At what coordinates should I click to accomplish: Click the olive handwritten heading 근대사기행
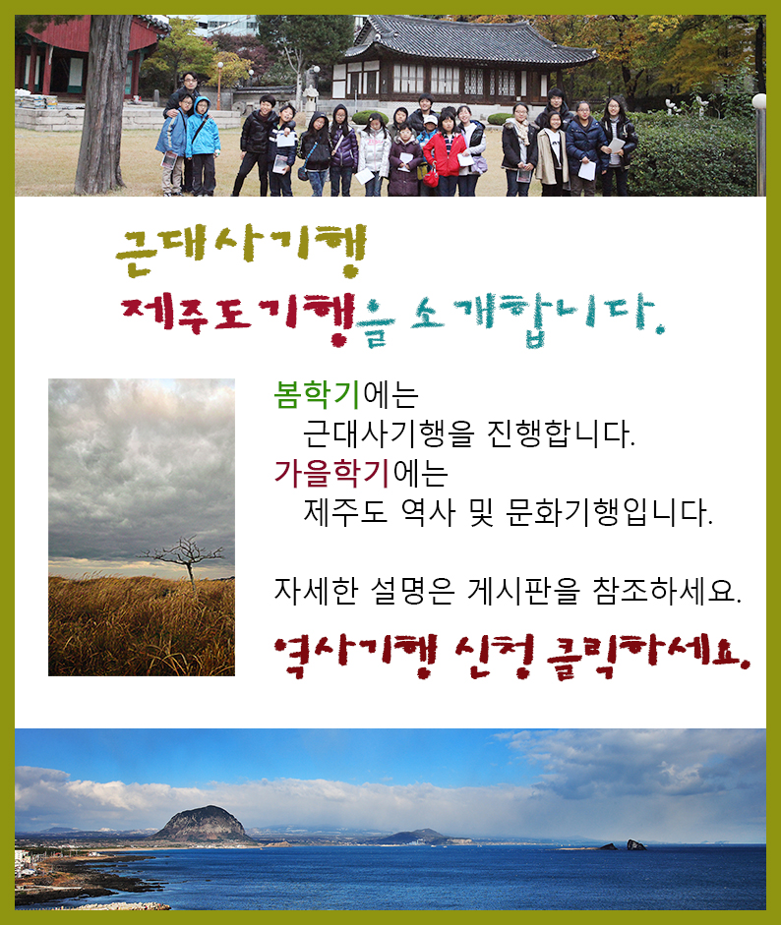(241, 250)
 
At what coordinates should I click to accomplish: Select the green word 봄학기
(317, 394)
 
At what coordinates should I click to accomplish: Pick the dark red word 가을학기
(331, 473)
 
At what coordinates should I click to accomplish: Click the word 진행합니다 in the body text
(561, 434)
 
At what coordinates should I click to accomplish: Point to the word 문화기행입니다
(609, 512)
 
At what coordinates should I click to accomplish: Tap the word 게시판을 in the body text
(523, 591)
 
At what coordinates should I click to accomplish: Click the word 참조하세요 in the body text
(667, 591)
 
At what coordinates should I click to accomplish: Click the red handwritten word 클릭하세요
(648, 657)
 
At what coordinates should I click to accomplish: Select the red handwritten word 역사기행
(356, 656)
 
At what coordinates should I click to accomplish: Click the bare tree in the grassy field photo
(185, 560)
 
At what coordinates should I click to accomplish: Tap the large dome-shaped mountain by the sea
(203, 824)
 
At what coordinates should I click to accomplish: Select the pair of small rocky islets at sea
(623, 845)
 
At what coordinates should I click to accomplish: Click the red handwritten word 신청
(494, 656)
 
